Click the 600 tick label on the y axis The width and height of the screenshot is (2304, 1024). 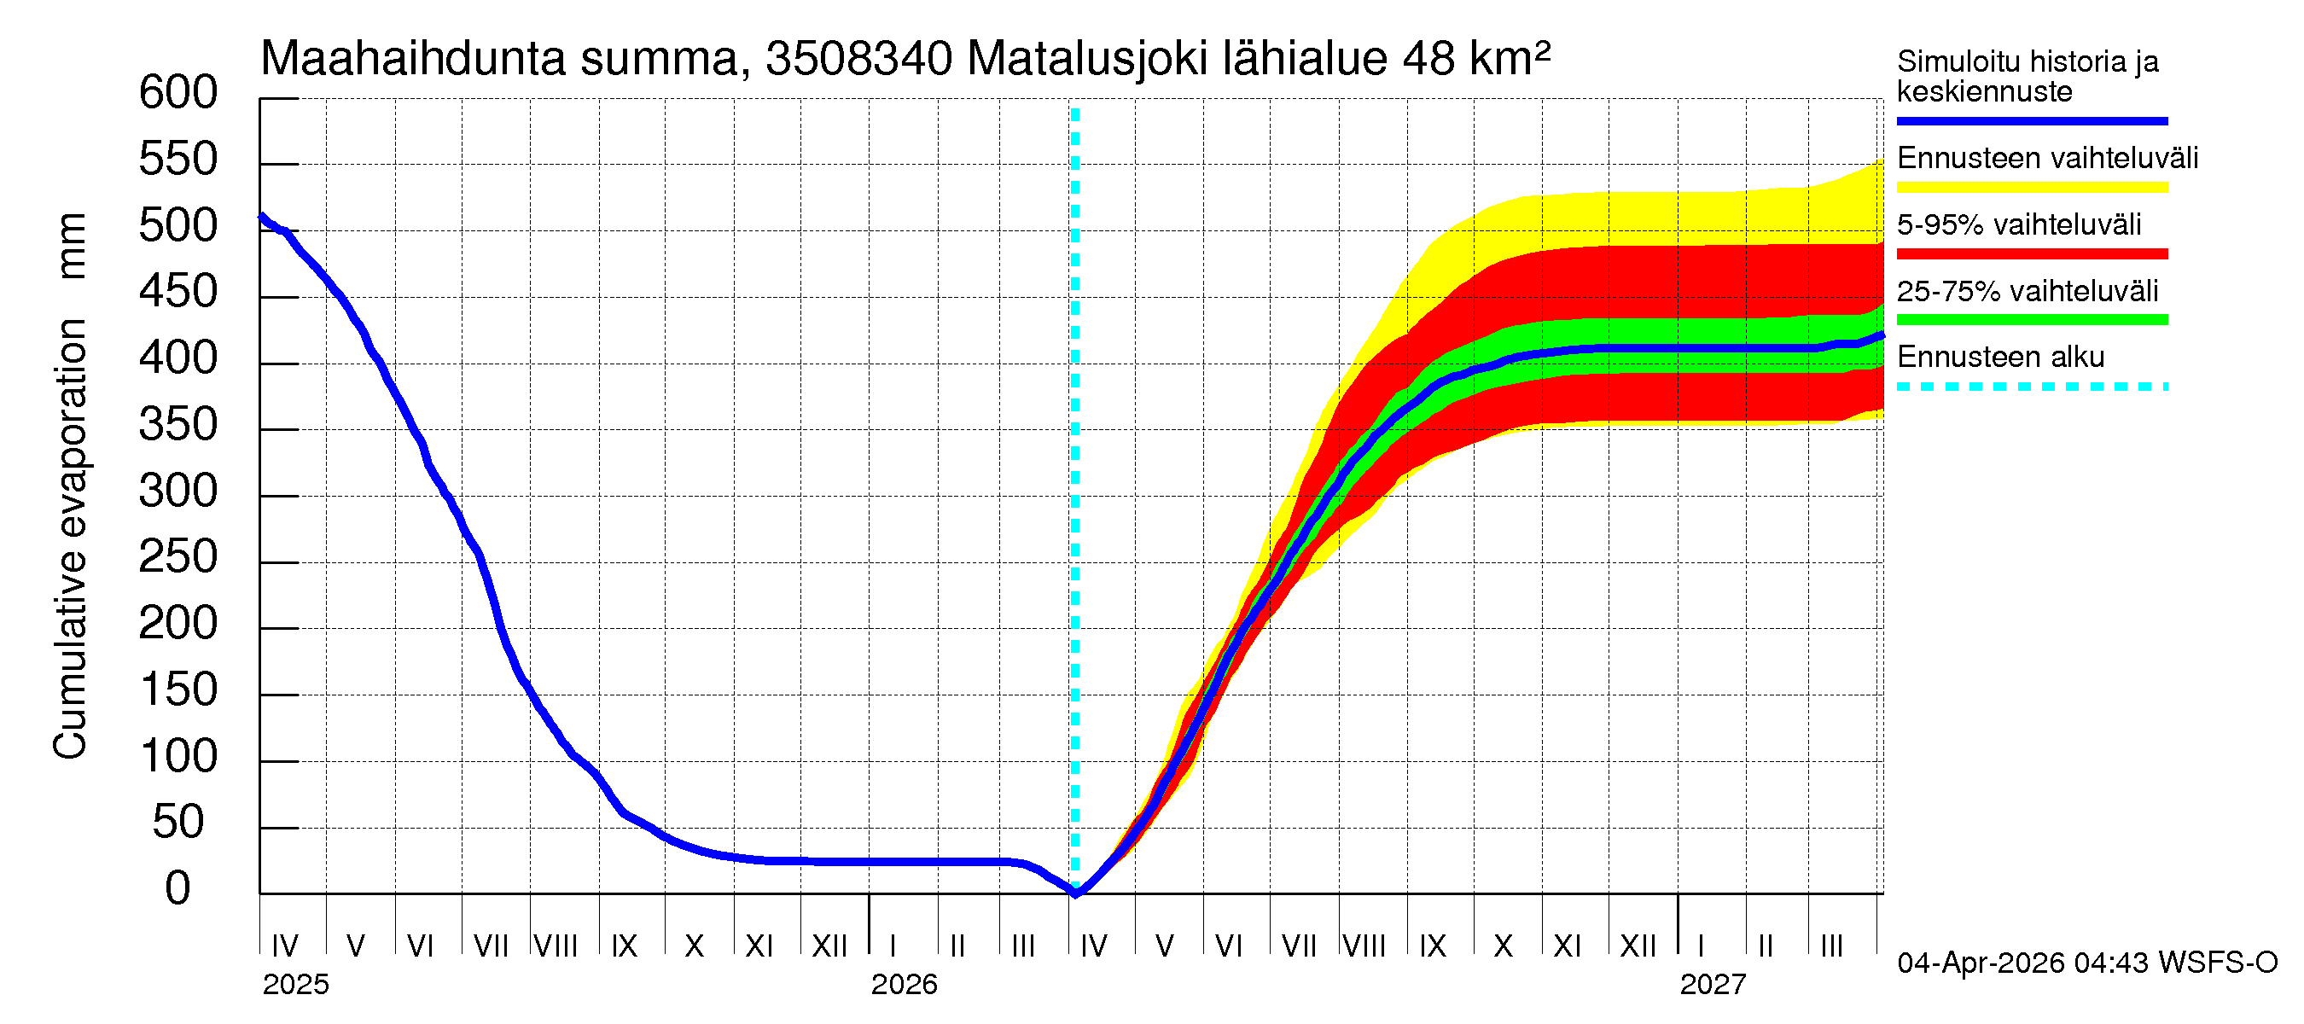click(x=177, y=93)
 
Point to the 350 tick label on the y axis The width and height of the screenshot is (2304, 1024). click(x=177, y=425)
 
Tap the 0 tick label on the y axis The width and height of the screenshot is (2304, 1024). click(x=177, y=889)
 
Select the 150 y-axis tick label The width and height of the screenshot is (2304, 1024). click(x=177, y=690)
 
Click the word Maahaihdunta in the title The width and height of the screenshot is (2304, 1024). click(x=412, y=59)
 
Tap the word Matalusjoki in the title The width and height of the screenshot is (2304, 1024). click(x=1086, y=59)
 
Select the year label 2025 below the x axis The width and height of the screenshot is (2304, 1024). click(x=295, y=985)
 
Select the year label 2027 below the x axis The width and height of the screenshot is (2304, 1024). click(x=1712, y=985)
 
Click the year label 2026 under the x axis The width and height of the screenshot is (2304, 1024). click(x=904, y=985)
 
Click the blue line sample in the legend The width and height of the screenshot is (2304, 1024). click(x=2031, y=120)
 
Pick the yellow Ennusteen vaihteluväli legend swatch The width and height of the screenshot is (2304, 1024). click(x=2031, y=188)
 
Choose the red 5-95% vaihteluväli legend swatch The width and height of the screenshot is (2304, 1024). click(x=2031, y=254)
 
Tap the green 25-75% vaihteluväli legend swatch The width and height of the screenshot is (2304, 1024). click(x=2031, y=320)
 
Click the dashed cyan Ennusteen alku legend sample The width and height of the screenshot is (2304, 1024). click(x=2031, y=387)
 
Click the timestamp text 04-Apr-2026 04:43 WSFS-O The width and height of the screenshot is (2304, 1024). click(x=2086, y=963)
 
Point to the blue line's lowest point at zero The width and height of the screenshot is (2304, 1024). click(x=1075, y=893)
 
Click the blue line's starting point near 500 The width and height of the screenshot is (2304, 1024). click(x=261, y=216)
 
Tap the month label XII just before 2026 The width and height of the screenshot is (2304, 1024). click(x=829, y=945)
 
